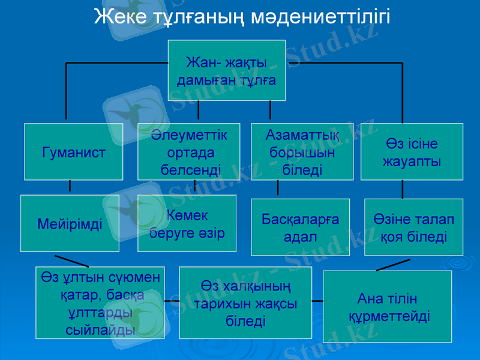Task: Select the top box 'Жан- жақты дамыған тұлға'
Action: coord(226,70)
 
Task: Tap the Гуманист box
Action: coord(74,152)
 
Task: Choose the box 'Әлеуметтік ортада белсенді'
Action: coord(188,152)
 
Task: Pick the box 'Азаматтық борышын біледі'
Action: coord(301,152)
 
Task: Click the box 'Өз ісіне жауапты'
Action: coord(412,152)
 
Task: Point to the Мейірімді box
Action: coord(70,224)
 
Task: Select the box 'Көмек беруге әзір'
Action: coord(187,223)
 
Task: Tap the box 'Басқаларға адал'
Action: coord(300,227)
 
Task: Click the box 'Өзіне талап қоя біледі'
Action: coord(414,227)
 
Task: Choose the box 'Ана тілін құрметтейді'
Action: coord(387,307)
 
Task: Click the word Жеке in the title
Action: coord(118,17)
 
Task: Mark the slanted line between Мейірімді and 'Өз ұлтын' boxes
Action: coord(71,261)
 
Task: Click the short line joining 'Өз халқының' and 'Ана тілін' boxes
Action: coord(317,300)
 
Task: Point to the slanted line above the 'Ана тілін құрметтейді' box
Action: coord(393,265)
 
